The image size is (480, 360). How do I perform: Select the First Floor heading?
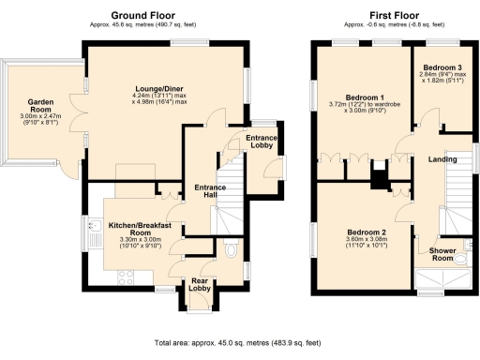tap(390, 15)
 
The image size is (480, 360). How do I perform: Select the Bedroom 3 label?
tap(442, 68)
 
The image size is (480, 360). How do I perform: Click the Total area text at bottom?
tap(239, 344)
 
